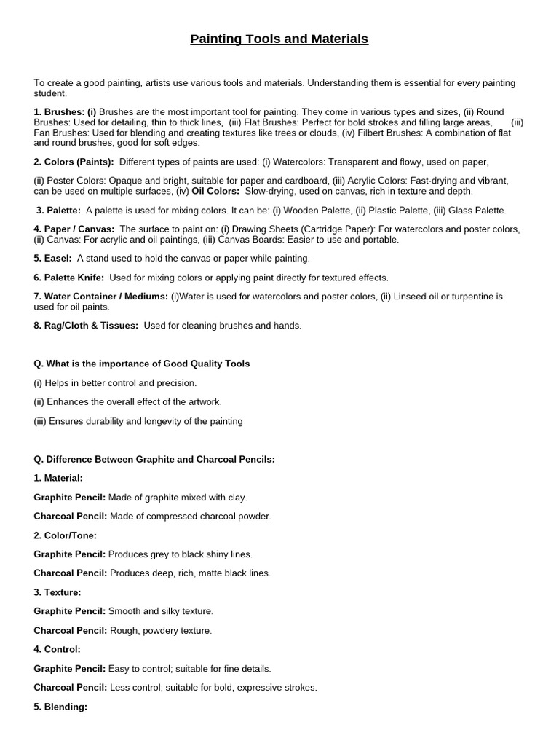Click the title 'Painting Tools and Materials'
click(279, 39)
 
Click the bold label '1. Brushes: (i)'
click(65, 112)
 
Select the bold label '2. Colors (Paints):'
click(74, 162)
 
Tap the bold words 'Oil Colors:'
click(215, 191)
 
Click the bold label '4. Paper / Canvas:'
click(74, 229)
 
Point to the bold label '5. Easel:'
click(52, 258)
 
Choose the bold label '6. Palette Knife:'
click(69, 277)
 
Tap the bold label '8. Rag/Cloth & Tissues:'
click(86, 326)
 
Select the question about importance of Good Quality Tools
click(142, 364)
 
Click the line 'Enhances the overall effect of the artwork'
click(128, 401)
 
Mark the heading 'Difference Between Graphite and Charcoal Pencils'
click(154, 459)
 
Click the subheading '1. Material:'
click(58, 478)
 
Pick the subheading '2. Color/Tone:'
click(66, 535)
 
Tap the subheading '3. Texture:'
click(58, 592)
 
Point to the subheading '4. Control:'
click(57, 649)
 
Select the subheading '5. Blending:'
click(60, 706)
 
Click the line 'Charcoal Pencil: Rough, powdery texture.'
click(123, 630)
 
